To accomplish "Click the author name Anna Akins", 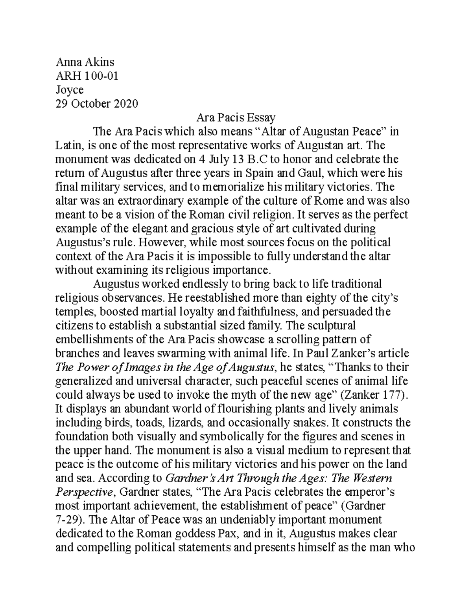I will tap(85, 62).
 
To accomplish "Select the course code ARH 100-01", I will tap(87, 76).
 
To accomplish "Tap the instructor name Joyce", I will tap(70, 90).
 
